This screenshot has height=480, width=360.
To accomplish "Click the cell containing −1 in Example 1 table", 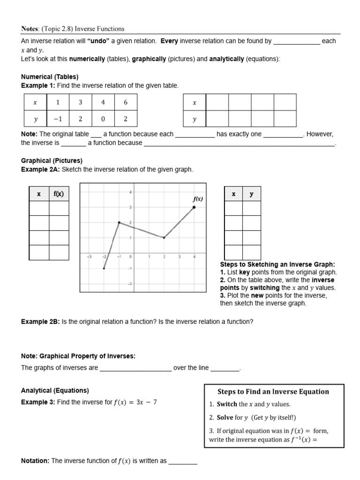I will coord(57,119).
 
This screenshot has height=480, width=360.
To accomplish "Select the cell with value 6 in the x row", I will coord(125,102).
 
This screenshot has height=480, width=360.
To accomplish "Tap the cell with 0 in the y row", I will coord(103,119).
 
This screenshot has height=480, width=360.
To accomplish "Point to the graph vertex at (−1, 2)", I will coord(119,223).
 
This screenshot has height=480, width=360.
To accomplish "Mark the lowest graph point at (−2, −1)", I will coord(104,268).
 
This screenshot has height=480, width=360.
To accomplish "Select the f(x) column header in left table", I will coord(59,194).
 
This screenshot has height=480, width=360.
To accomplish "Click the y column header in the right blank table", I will coord(251,194).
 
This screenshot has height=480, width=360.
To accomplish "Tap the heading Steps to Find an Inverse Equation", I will coord(274,391).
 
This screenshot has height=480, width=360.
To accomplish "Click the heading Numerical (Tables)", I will coord(50,76).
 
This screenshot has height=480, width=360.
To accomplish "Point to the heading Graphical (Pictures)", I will coord(52,160).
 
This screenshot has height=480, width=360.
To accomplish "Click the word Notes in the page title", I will coord(30,29).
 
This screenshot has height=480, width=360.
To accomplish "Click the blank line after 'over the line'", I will coord(225,368).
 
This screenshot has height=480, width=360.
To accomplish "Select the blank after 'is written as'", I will coord(183,461).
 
